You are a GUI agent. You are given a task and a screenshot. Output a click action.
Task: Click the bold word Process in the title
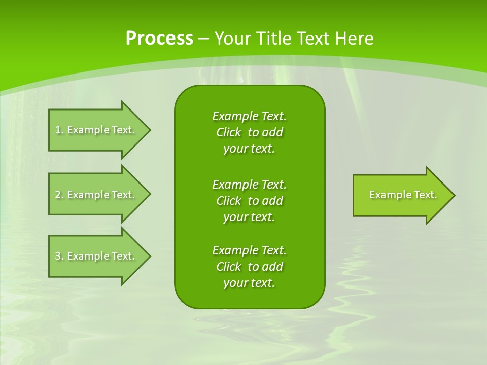159,39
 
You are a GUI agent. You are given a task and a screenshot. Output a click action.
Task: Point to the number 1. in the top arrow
59,130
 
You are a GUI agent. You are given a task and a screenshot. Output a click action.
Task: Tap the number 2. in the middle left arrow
59,195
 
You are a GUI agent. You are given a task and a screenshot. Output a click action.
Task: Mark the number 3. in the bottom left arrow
59,256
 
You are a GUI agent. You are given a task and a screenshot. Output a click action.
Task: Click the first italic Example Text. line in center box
249,116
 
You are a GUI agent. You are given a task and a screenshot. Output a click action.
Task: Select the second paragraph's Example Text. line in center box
249,184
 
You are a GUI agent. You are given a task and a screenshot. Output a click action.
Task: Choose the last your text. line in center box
249,283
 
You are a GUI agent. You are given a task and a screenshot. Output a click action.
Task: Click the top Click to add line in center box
249,132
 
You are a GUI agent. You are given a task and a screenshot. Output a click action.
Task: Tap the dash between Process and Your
203,39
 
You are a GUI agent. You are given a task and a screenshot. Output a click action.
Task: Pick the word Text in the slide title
314,39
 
